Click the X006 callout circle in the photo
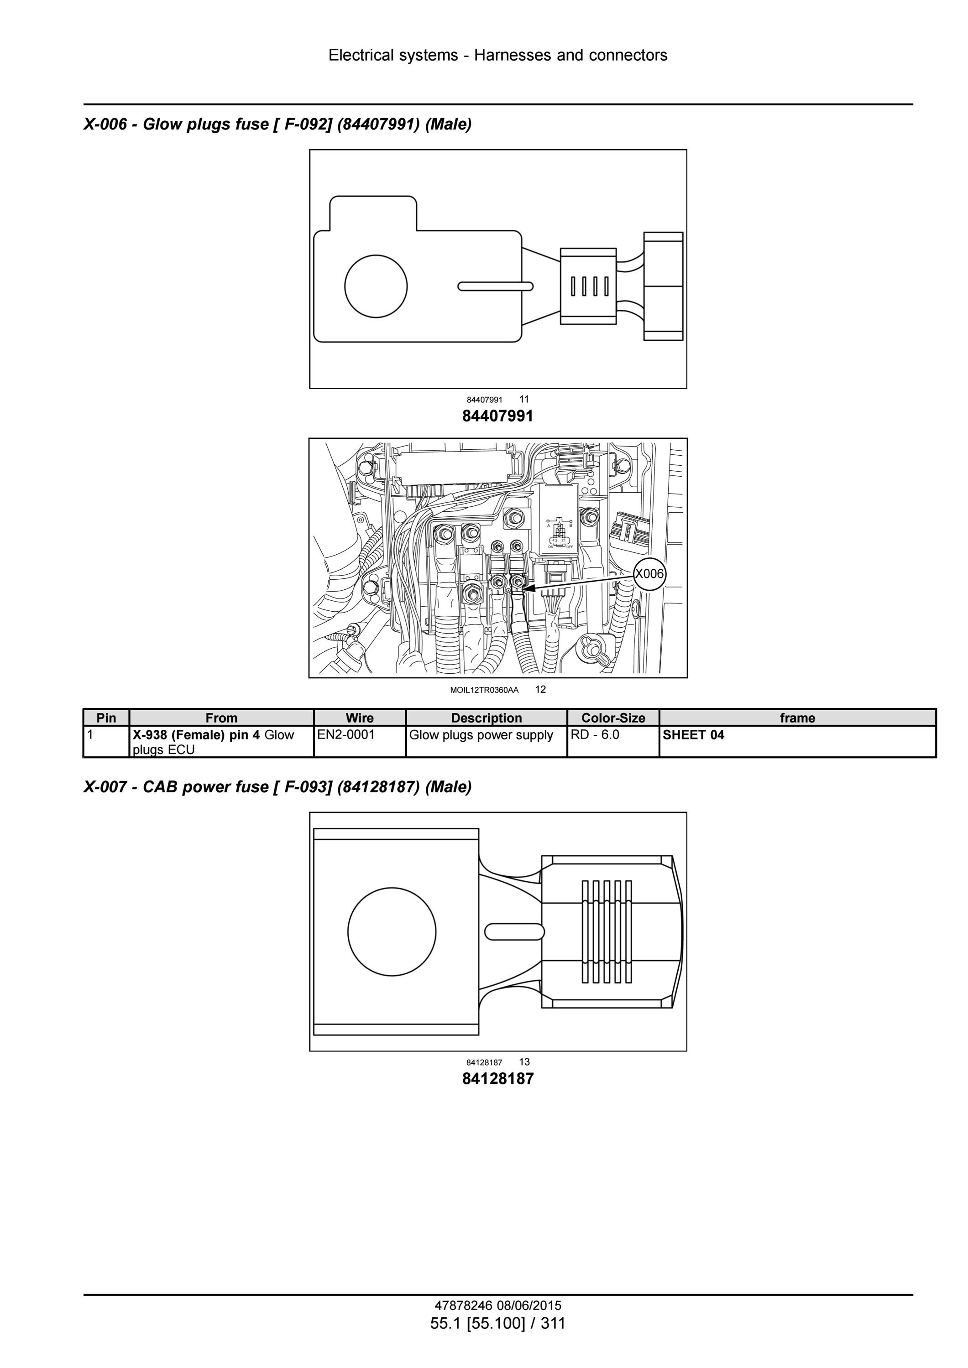[x=649, y=574]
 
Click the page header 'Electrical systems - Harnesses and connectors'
[x=498, y=55]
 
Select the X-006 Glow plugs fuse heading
[x=277, y=124]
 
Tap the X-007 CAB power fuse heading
[x=277, y=787]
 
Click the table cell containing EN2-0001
[x=360, y=742]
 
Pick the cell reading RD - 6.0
[x=613, y=742]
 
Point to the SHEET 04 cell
[x=797, y=742]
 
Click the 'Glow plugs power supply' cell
[x=487, y=742]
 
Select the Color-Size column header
[x=613, y=718]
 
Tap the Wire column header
[x=360, y=718]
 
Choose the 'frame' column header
[x=797, y=718]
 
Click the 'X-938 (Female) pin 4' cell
[x=222, y=742]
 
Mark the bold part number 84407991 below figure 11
[x=498, y=416]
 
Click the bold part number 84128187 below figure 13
[x=498, y=1078]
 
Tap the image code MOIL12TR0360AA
[x=484, y=690]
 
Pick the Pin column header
[x=106, y=718]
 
